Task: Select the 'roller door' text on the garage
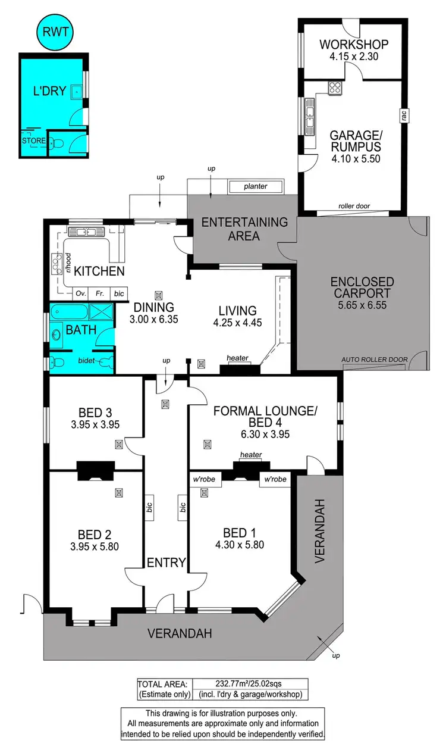[x=354, y=206]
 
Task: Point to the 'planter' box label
[x=255, y=186]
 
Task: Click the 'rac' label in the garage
[x=404, y=117]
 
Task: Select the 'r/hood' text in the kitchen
[x=69, y=263]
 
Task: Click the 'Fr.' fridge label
[x=100, y=293]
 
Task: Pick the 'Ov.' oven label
[x=81, y=293]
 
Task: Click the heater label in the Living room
[x=237, y=358]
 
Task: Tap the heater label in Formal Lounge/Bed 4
[x=250, y=455]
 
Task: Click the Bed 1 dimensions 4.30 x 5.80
[x=240, y=544]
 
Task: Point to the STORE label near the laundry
[x=33, y=141]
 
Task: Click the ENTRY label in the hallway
[x=167, y=562]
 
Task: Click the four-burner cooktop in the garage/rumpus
[x=335, y=88]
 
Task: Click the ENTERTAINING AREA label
[x=244, y=229]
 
